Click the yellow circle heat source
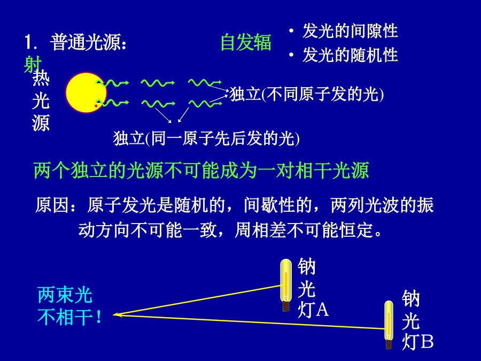(86, 93)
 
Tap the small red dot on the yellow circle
(96, 106)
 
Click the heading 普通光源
(88, 42)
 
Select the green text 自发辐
(246, 42)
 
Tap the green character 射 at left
(33, 64)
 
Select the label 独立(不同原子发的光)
(306, 94)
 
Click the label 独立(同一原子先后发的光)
(206, 138)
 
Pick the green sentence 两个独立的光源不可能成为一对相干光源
(201, 171)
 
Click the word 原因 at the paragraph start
(51, 205)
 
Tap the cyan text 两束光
(65, 295)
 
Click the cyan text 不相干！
(69, 317)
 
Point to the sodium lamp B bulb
(389, 320)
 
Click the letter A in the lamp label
(322, 310)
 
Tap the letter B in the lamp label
(426, 341)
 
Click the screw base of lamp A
(286, 306)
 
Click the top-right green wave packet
(205, 82)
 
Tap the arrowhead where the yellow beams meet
(117, 314)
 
